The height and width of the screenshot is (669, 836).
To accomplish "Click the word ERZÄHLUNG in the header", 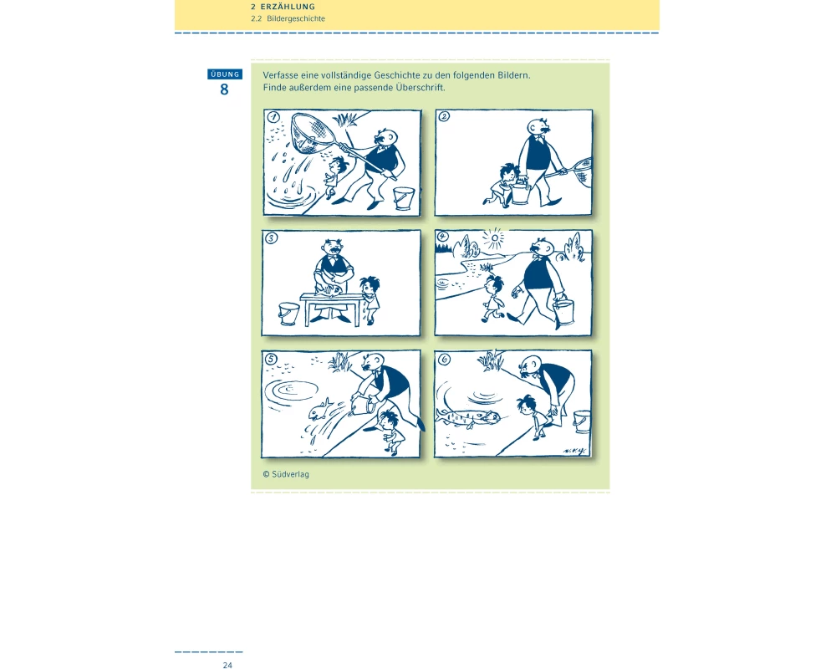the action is click(x=288, y=7).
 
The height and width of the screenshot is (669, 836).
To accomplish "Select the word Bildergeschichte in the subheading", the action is click(x=296, y=18).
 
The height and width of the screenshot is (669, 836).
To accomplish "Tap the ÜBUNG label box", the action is click(x=225, y=74).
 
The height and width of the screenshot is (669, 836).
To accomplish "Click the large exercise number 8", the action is click(x=224, y=89).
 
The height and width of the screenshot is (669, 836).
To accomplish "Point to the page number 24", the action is click(x=227, y=665).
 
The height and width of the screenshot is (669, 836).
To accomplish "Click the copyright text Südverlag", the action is click(x=290, y=474).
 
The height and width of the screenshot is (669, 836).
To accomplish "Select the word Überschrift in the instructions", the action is click(x=420, y=88).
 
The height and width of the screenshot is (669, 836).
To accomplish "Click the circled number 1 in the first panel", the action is click(x=273, y=117).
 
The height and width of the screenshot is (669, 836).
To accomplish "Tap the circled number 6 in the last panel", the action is click(x=444, y=360).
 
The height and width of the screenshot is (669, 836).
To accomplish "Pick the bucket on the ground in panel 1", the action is click(x=404, y=198).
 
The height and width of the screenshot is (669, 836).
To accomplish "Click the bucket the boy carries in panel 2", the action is click(x=520, y=192).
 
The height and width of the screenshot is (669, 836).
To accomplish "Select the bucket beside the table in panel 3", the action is click(x=289, y=314).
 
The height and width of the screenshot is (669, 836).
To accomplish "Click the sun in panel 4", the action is click(x=495, y=238).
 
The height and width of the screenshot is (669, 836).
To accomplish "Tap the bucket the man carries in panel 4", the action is click(x=564, y=312).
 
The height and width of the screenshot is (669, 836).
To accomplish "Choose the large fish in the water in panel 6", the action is click(x=469, y=416).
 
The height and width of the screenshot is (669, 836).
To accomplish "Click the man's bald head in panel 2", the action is click(x=538, y=127).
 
